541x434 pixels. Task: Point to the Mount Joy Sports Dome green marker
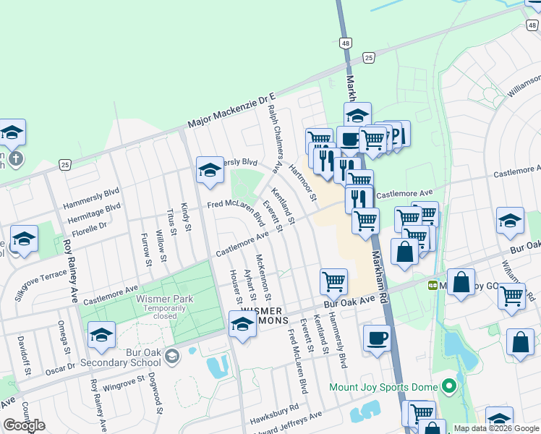coord(448,386)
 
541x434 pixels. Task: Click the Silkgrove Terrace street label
coord(42,285)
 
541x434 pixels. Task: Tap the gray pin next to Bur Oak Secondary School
coord(172,355)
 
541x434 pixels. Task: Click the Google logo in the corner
coord(24,425)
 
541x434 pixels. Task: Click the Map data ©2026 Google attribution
coord(496,428)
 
